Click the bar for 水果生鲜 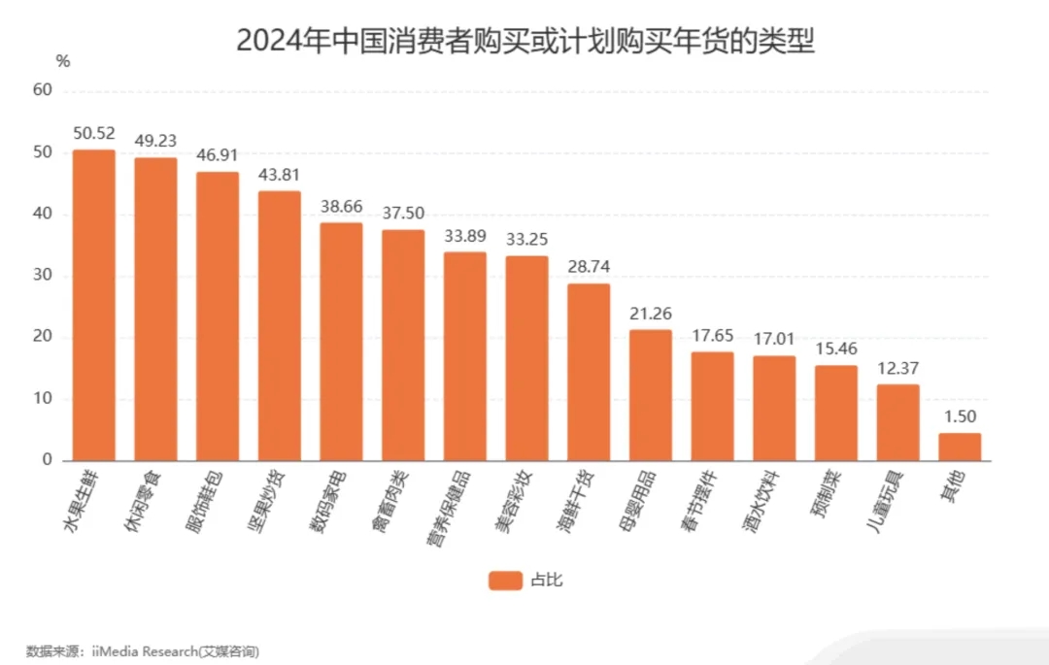click(94, 305)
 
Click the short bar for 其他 click(960, 447)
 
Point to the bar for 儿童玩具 click(897, 422)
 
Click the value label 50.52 click(94, 133)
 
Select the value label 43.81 click(279, 175)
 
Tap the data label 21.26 click(650, 314)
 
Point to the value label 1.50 click(960, 416)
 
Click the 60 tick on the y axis click(42, 90)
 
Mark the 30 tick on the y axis click(42, 276)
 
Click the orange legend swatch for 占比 click(505, 581)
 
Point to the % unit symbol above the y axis click(64, 61)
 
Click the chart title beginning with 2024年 click(524, 41)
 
